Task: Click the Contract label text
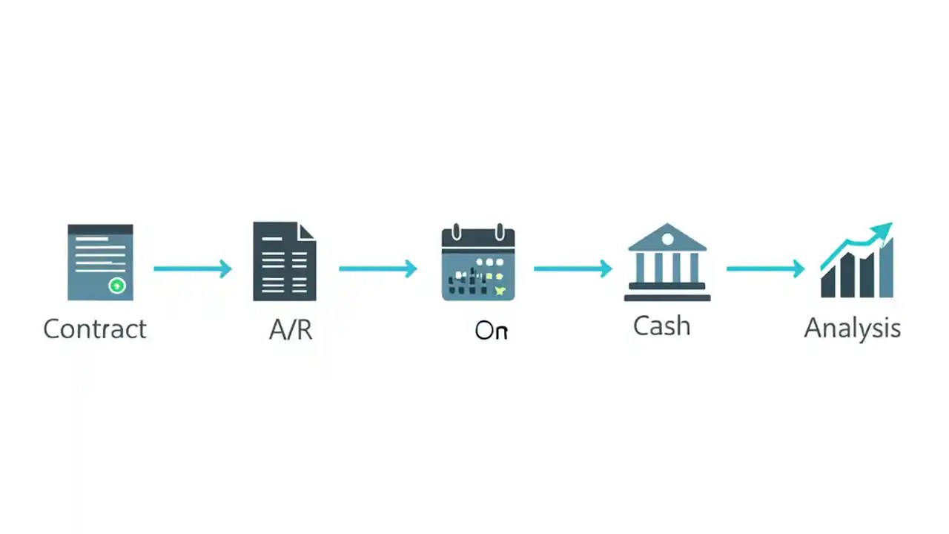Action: pyautogui.click(x=95, y=329)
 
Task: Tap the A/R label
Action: pyautogui.click(x=291, y=330)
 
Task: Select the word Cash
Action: pyautogui.click(x=661, y=326)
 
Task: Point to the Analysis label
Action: pyautogui.click(x=852, y=328)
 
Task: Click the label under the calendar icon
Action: pyautogui.click(x=491, y=331)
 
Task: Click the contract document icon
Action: pyautogui.click(x=100, y=262)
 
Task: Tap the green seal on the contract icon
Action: pyautogui.click(x=116, y=285)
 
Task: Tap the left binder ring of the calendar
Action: pyautogui.click(x=457, y=231)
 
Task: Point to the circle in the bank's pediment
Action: pyautogui.click(x=667, y=239)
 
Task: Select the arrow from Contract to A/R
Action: pyautogui.click(x=193, y=268)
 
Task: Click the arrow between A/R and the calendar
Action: pyautogui.click(x=378, y=268)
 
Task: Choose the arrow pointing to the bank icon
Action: pyautogui.click(x=572, y=268)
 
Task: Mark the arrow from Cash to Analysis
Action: pyautogui.click(x=765, y=268)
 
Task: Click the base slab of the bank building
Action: pyautogui.click(x=667, y=297)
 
